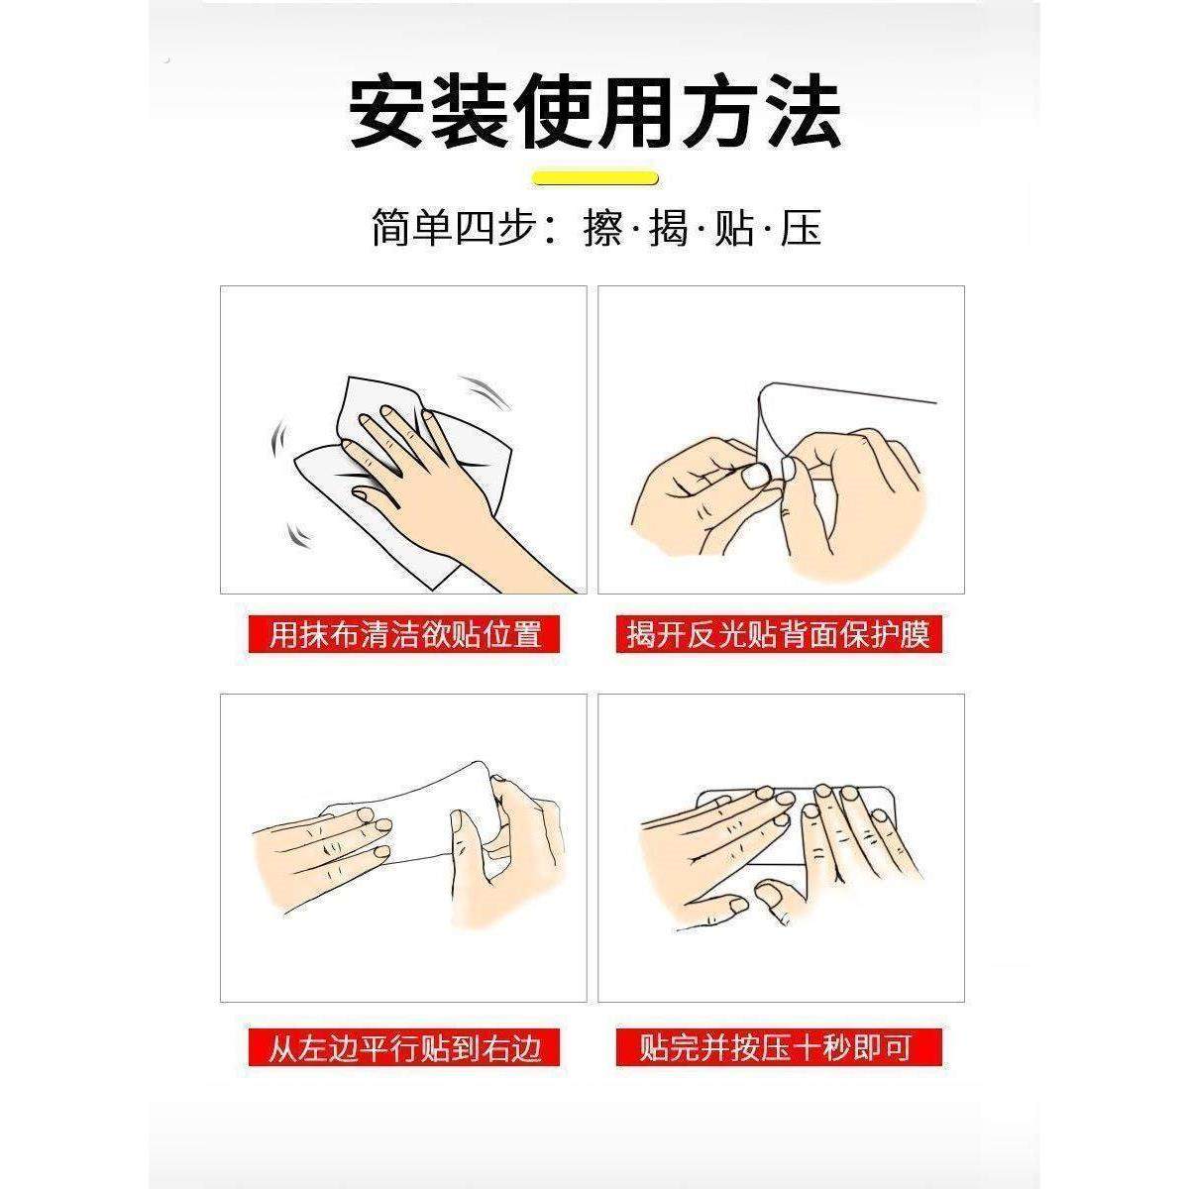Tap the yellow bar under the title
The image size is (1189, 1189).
595,178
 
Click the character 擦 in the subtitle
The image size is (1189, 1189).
603,230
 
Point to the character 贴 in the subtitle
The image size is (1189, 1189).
734,230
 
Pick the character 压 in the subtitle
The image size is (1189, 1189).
801,230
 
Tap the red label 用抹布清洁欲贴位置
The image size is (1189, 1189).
405,634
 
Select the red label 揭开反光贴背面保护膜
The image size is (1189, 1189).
779,634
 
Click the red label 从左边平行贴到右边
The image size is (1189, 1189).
405,1047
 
